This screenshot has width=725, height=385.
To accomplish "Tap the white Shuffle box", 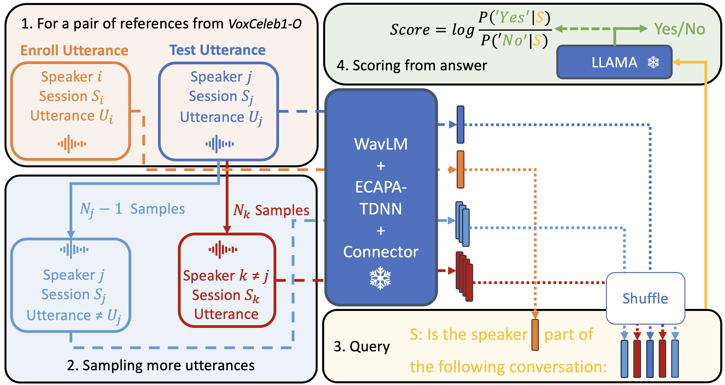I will (x=645, y=298).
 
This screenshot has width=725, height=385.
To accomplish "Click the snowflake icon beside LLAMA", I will (x=653, y=62).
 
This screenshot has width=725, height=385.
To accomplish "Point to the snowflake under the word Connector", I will (x=380, y=278).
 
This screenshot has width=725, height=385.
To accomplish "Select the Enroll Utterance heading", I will (x=74, y=51).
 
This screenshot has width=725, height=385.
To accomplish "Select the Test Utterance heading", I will (x=217, y=50).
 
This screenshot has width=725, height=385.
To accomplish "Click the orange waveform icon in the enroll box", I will (x=72, y=144).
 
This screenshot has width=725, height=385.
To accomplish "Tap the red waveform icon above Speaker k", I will (x=223, y=250).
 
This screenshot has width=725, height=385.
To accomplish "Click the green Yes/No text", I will (x=679, y=29).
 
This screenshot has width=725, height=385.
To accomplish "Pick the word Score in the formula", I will (x=410, y=30).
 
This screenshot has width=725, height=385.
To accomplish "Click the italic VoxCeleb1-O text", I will (x=265, y=24).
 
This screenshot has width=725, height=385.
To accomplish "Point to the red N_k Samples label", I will (x=271, y=210).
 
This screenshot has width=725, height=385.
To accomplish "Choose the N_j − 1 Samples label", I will (x=132, y=209).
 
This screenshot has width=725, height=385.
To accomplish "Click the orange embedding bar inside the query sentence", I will (x=535, y=335).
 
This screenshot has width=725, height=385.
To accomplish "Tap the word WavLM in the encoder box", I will (x=380, y=144).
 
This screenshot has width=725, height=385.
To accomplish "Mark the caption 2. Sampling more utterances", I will (x=161, y=366).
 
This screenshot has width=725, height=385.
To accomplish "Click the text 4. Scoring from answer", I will (x=412, y=65).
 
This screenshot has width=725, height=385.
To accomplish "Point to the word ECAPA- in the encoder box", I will (x=381, y=187).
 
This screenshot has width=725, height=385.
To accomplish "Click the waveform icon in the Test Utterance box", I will (x=219, y=144).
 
